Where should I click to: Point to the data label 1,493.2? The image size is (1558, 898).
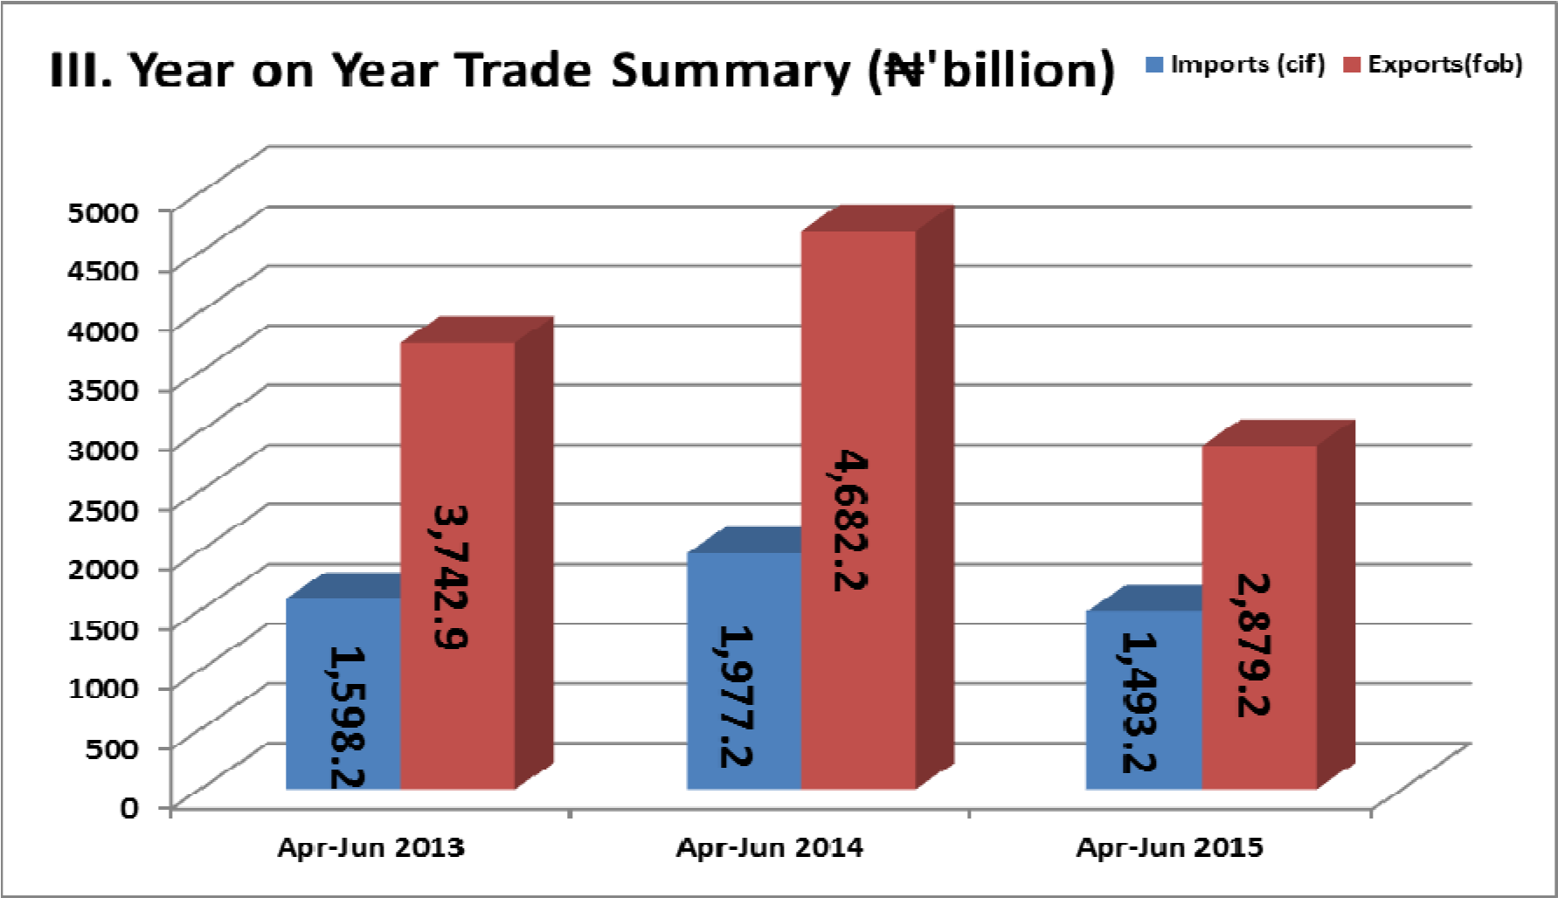(x=1139, y=702)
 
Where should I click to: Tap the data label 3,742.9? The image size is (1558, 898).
(x=450, y=577)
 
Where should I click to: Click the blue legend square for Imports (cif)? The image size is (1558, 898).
(x=1154, y=65)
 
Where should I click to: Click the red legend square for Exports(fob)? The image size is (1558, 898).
(x=1352, y=65)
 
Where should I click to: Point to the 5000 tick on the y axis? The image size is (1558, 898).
(x=103, y=211)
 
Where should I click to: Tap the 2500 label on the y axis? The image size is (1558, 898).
(x=103, y=509)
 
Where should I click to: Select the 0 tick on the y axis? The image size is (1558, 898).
(x=129, y=806)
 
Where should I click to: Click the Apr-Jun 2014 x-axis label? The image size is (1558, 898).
(x=769, y=847)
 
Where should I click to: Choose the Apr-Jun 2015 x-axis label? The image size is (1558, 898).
(x=1169, y=847)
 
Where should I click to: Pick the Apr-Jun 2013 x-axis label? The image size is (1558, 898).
(x=370, y=847)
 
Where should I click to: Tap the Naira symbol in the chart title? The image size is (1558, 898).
(x=905, y=70)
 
